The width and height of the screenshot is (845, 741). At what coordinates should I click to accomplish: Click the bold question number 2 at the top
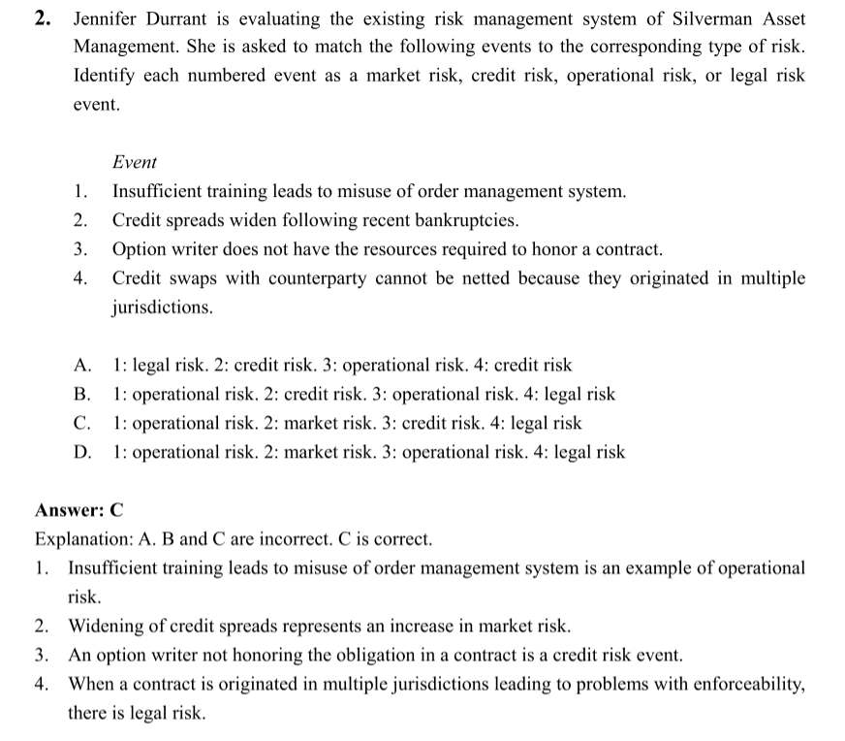(43, 18)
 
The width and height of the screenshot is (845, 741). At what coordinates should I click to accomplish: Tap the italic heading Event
(135, 162)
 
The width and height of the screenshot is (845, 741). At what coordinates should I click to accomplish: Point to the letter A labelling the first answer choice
(82, 366)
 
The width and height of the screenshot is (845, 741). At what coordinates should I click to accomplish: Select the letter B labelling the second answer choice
(82, 395)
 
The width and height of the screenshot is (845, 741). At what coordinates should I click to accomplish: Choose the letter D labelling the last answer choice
(82, 452)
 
